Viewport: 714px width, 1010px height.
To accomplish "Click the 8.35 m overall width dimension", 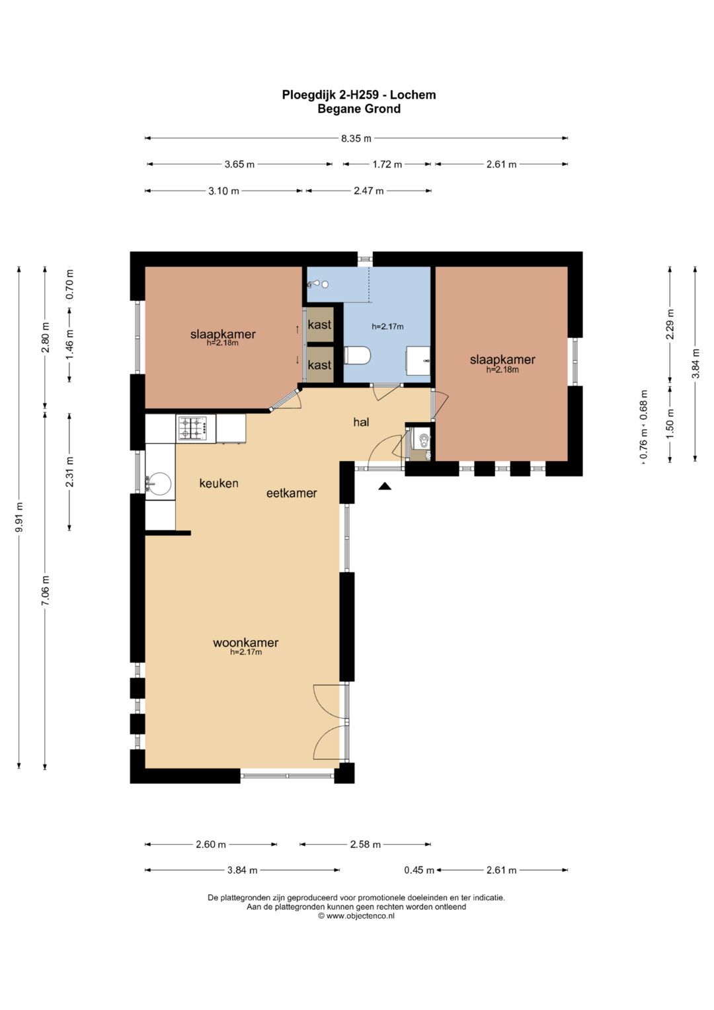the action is tap(356, 138).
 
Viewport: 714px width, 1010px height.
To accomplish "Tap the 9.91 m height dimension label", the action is tap(19, 517).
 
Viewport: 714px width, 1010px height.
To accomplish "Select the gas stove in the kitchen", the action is tap(194, 428).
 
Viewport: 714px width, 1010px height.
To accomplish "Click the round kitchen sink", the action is tap(159, 484).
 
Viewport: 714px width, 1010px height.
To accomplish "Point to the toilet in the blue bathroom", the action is tap(357, 356).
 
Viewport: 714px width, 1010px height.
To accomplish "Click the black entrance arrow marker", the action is tap(385, 485).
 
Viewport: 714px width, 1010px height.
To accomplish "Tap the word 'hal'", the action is tap(361, 422).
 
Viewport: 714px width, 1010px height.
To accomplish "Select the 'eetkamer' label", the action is tap(291, 493).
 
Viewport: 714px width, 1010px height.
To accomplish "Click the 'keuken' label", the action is tap(219, 484).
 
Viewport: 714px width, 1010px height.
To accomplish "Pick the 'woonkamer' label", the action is tap(246, 642).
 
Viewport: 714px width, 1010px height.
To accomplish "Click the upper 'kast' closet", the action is tap(319, 324).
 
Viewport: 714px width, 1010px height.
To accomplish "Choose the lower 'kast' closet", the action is tap(319, 364).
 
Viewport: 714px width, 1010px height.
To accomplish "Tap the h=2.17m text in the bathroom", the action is tap(387, 327).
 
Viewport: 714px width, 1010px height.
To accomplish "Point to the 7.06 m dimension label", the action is tap(45, 591).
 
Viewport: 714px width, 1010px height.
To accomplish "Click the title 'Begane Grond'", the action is tap(359, 108).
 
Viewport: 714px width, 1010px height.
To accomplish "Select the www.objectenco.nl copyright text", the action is tap(356, 916).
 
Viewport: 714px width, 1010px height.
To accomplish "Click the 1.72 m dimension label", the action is tap(387, 165).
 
